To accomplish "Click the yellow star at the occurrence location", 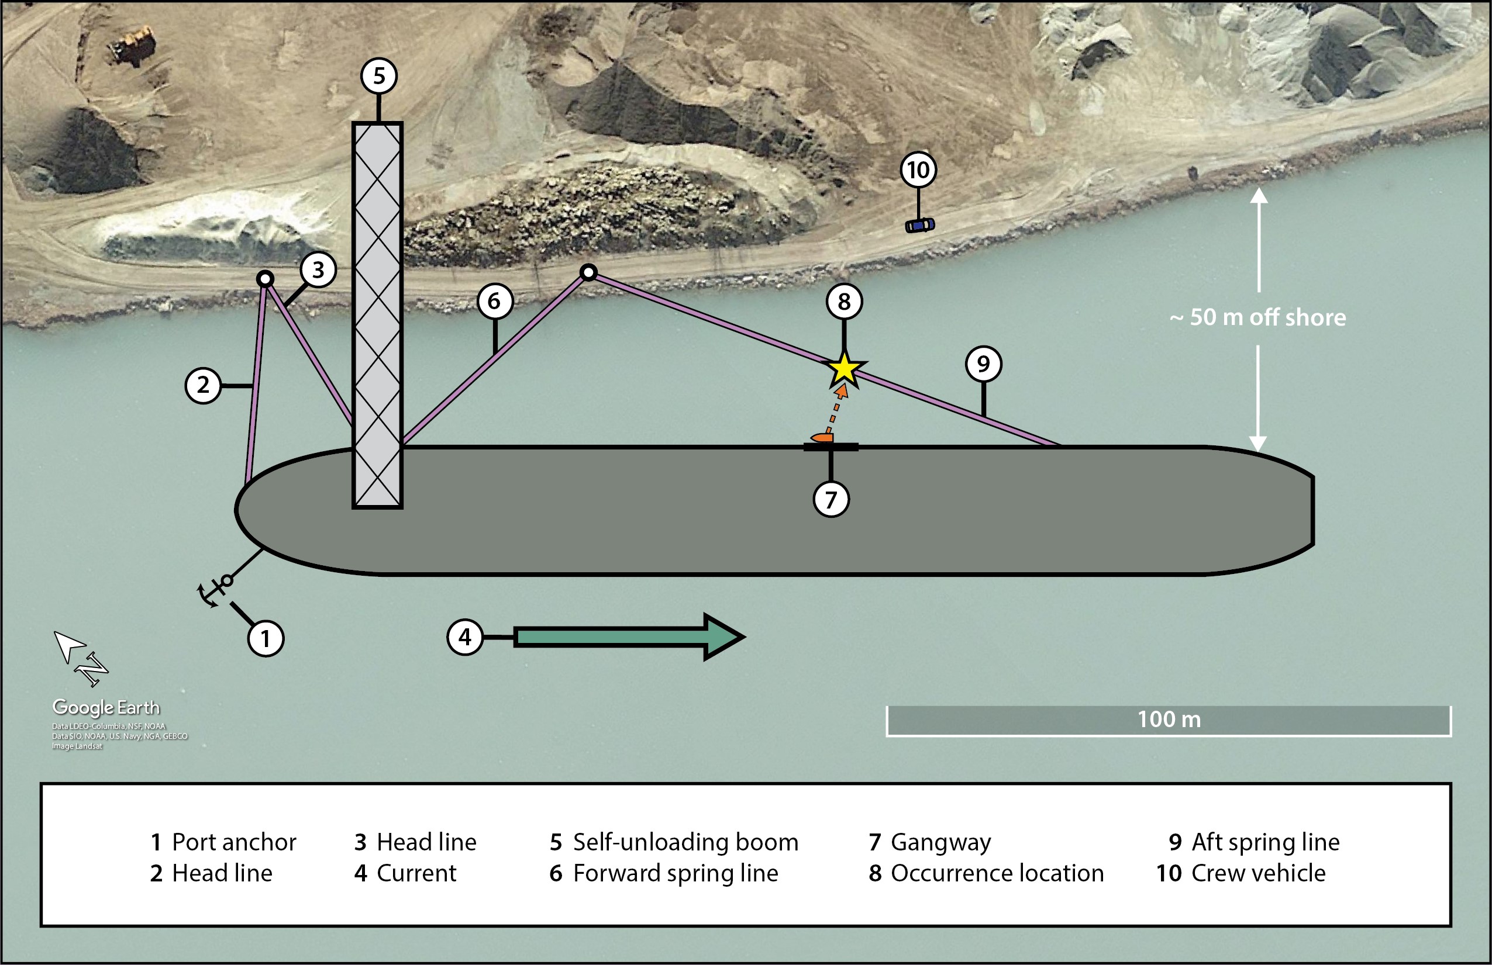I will [x=844, y=369].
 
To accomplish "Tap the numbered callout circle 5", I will [x=378, y=76].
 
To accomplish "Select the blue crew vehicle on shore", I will [x=919, y=225].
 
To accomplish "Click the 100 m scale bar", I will [x=1169, y=721].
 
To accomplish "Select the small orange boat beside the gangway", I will [x=821, y=437].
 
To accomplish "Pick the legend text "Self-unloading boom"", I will [x=685, y=842].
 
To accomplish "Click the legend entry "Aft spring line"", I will [x=1265, y=842].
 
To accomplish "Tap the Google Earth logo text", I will [x=106, y=707].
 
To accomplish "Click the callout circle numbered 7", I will [x=831, y=499].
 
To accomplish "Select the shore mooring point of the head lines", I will [x=265, y=279].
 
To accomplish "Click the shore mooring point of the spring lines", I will [x=588, y=272].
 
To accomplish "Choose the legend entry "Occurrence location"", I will [x=997, y=873].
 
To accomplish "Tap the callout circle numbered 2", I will [x=203, y=385].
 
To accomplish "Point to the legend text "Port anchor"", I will [x=234, y=842].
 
